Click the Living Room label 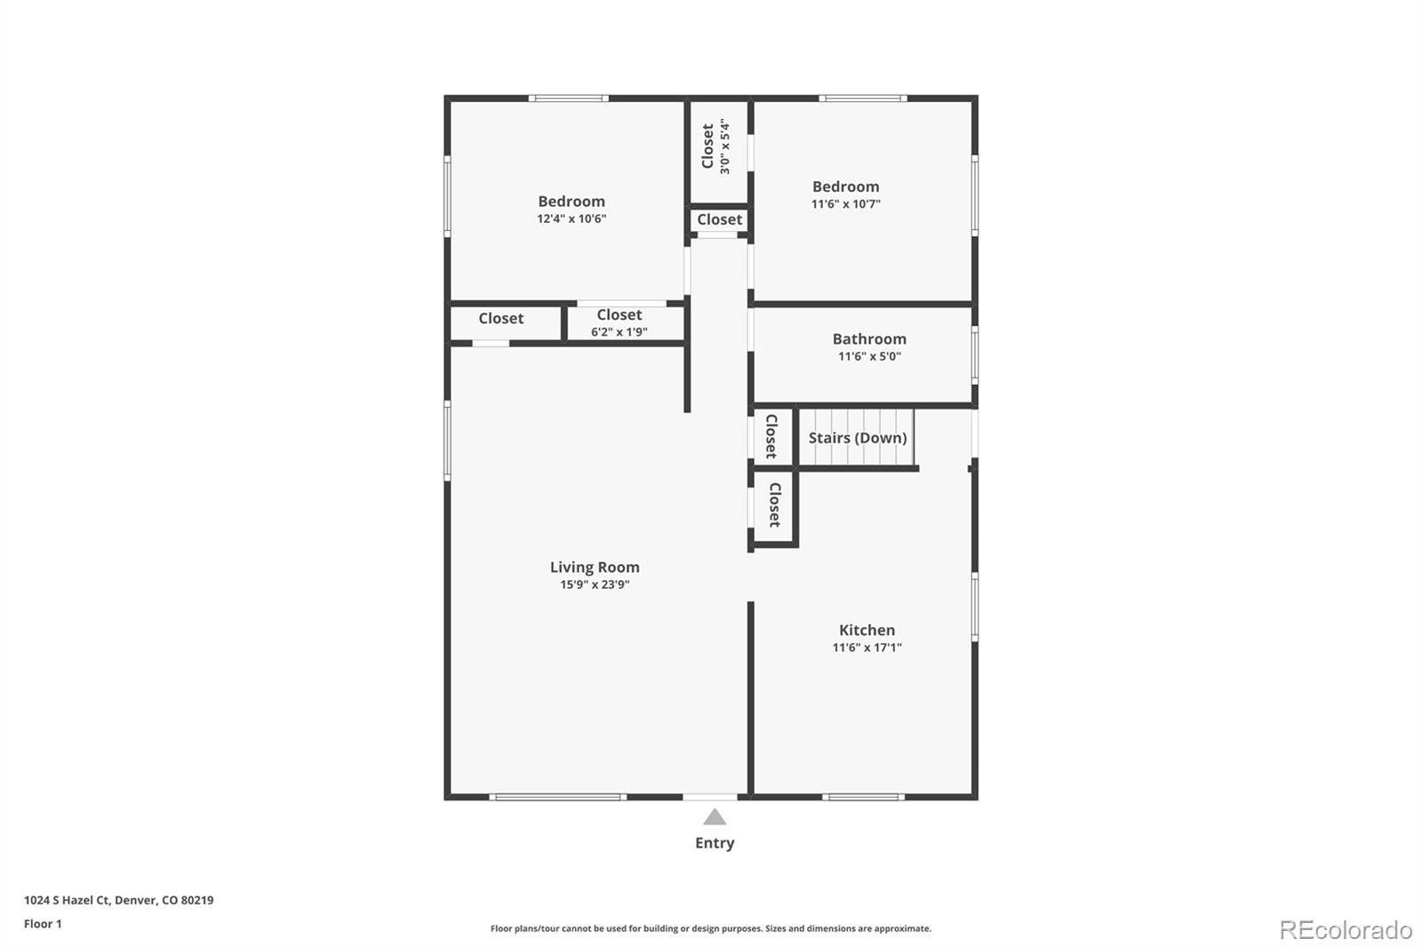click(x=595, y=567)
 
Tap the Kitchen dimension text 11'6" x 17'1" click(x=867, y=648)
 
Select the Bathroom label click(x=869, y=338)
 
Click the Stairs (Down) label click(x=857, y=438)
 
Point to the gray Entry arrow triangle click(x=715, y=817)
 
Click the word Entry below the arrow click(x=715, y=843)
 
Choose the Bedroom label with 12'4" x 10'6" click(x=571, y=202)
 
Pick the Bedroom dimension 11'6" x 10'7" click(x=845, y=204)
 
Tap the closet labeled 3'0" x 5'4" click(x=715, y=147)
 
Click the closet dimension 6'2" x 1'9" click(x=619, y=332)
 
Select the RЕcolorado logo click(x=1346, y=930)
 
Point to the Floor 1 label click(x=43, y=924)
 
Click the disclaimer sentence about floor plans click(x=711, y=928)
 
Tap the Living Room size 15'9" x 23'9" click(x=595, y=585)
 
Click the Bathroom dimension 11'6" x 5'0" click(x=869, y=356)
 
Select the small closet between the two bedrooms click(x=719, y=219)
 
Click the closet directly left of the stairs click(x=771, y=435)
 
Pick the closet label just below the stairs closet click(x=775, y=505)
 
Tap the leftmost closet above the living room click(x=501, y=318)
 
